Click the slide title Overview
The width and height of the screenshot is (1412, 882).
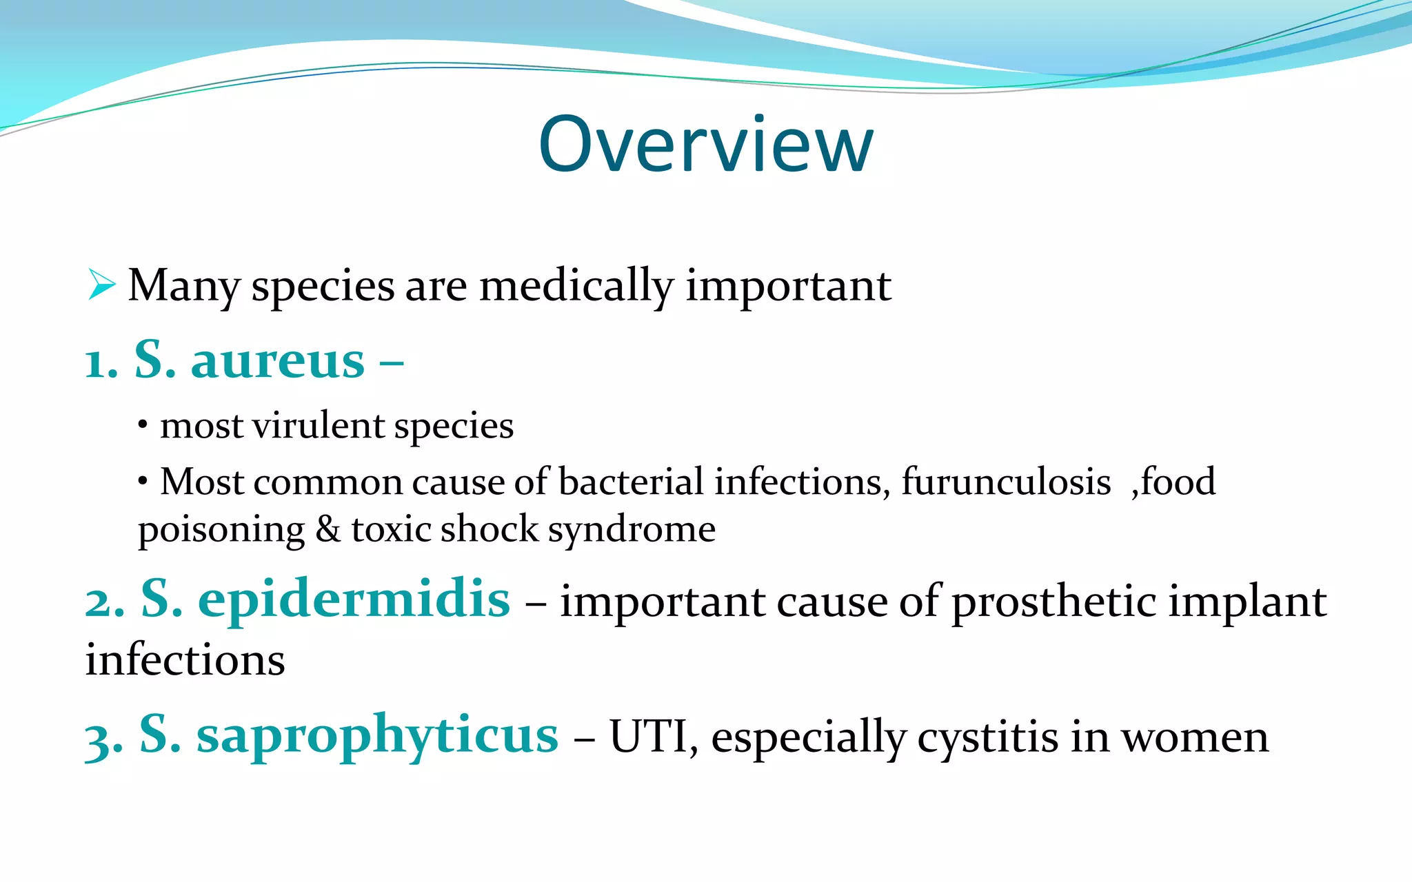pos(706,145)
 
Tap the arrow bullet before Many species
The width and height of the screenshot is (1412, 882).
pos(102,285)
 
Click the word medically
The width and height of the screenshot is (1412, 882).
pos(576,286)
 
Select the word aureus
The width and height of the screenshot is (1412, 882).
pos(277,361)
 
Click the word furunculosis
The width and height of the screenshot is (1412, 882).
pos(1006,482)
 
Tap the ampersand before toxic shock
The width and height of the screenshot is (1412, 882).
pos(328,529)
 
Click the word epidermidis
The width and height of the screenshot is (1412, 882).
pos(354,599)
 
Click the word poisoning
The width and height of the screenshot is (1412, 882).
pos(221,531)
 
